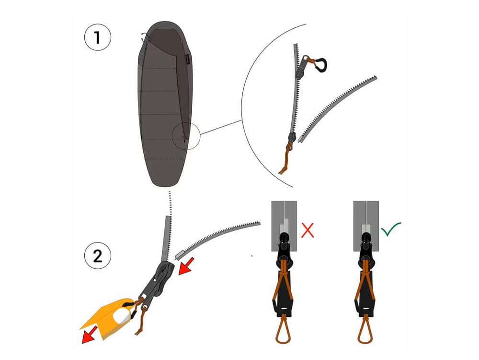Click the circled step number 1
coord(97,37)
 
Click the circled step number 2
coord(97,256)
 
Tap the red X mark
coord(308,230)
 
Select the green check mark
coord(391,229)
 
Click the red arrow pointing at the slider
coord(186,266)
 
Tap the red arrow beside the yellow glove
coord(90,335)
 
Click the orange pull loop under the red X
coord(283,330)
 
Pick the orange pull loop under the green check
coord(365,330)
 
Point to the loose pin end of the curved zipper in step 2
coord(180,254)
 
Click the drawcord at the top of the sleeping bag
coord(145,37)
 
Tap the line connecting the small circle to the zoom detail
coord(221,127)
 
